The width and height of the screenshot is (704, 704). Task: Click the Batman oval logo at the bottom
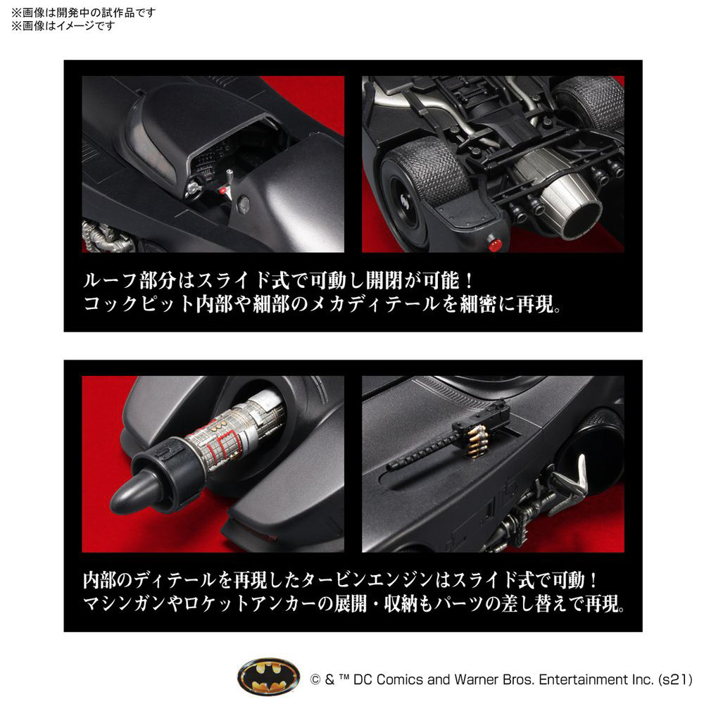tap(268, 678)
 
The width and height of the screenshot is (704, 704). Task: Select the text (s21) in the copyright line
tap(675, 679)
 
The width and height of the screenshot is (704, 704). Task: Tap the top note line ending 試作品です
tap(83, 13)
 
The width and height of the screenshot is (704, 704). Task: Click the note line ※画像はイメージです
tap(63, 26)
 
